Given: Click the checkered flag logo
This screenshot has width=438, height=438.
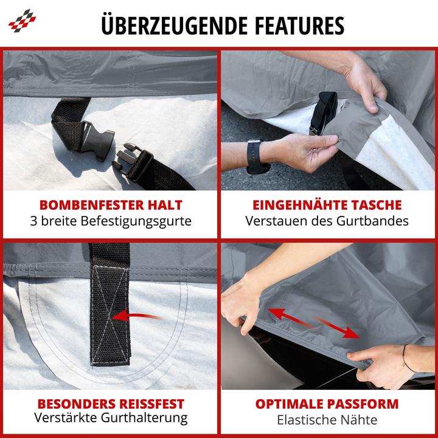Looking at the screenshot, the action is tap(22, 21).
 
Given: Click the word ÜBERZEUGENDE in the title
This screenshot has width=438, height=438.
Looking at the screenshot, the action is tap(175, 26).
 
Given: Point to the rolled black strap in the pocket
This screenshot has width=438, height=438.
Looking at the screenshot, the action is tap(324, 113).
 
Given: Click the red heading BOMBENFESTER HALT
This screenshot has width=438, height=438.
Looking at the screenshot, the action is tap(111, 205).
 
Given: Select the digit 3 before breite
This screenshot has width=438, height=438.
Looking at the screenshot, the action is tap(34, 221).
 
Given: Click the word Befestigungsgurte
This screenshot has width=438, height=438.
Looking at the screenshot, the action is tap(136, 221).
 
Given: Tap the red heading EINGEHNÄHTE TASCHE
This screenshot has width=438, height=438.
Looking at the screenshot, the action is tap(327, 205).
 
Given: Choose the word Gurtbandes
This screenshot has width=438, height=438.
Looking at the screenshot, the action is tap(372, 221).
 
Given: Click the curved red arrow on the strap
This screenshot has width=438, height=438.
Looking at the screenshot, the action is tap(136, 316).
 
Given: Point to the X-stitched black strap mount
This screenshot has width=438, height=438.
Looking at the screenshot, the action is tap(110, 305).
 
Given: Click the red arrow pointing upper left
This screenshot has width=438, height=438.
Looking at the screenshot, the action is tap(289, 318).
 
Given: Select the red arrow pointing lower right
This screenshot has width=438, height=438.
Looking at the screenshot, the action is tap(336, 327).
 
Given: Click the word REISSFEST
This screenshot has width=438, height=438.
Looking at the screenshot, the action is tap(151, 404).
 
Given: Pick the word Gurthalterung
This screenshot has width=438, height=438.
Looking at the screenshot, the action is tap(144, 418).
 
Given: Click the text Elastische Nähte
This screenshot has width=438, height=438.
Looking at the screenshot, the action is tap(327, 420).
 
